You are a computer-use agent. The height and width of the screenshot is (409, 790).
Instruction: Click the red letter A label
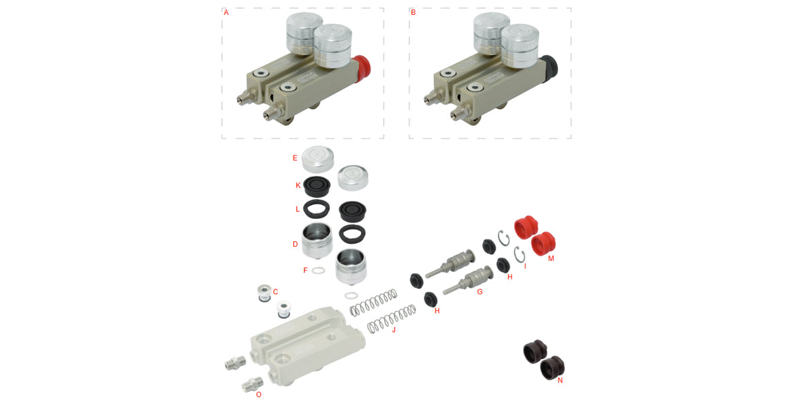[x=226, y=12]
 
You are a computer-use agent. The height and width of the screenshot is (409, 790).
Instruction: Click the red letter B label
[x=413, y=12]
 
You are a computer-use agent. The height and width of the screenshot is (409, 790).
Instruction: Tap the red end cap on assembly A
[x=362, y=66]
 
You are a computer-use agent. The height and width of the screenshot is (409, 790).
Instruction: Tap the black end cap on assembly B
[x=550, y=66]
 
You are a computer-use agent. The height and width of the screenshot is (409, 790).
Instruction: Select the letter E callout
[x=295, y=158]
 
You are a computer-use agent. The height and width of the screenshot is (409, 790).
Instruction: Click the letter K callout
[x=298, y=185]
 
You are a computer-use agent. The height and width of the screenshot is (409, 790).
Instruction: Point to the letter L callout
[x=298, y=208]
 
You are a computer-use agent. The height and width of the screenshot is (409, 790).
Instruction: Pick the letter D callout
[x=295, y=243]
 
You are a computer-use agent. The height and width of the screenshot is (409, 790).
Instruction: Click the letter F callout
[x=306, y=270]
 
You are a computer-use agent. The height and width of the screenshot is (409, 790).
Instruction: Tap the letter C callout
[x=275, y=292]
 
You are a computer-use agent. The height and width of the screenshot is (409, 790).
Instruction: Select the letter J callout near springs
[x=394, y=330]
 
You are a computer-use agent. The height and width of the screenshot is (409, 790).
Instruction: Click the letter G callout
[x=479, y=292]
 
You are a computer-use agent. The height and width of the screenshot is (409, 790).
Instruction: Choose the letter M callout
[x=551, y=258]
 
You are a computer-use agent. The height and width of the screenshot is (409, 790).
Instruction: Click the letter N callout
[x=560, y=380]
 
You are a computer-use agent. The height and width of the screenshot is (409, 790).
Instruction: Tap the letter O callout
[x=258, y=394]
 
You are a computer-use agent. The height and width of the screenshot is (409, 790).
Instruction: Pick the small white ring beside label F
[x=318, y=270]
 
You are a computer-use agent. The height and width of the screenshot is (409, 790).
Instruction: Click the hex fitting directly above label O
[x=253, y=384]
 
